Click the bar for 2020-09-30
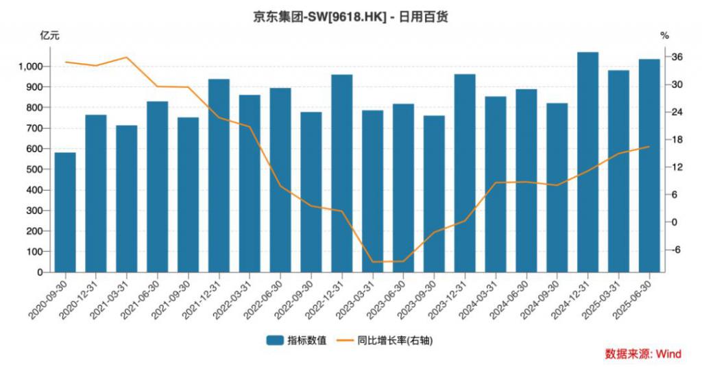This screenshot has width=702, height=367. click(65, 212)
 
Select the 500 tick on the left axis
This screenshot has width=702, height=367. click(36, 169)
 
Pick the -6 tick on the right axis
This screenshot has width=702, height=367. click(676, 250)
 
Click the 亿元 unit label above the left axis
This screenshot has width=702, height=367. click(50, 35)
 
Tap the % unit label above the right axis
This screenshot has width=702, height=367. click(664, 35)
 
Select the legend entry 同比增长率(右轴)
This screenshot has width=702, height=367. click(395, 340)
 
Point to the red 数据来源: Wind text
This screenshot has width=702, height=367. click(642, 353)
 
